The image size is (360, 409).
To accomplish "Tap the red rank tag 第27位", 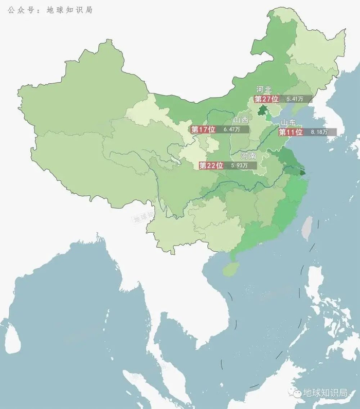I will (x=266, y=99).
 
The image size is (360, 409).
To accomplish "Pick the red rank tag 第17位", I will (x=203, y=129).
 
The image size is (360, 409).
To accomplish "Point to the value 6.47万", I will (x=232, y=129).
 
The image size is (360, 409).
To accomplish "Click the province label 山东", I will (x=288, y=123).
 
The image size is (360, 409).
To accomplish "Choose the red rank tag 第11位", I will (x=291, y=132).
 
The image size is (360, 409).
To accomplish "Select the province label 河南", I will (x=249, y=156).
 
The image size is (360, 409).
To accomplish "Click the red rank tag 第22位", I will (x=211, y=165).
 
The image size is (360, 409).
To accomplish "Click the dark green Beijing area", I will (x=262, y=109).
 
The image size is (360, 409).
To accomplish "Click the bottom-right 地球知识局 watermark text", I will (x=326, y=393).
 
